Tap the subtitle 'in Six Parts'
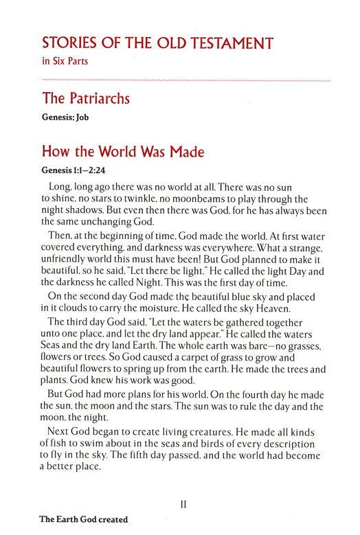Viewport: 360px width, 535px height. coord(63,62)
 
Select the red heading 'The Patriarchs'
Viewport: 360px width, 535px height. coord(87,100)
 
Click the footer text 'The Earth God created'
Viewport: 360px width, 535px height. coord(62,525)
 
